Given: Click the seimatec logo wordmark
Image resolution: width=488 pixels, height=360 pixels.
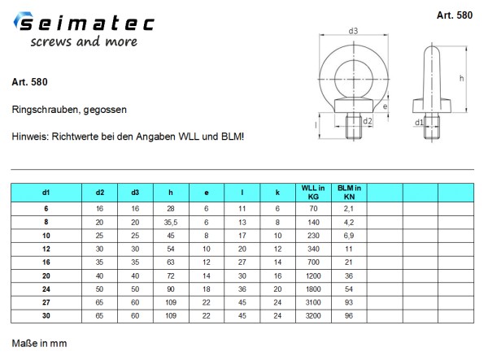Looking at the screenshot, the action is pyautogui.click(x=84, y=22).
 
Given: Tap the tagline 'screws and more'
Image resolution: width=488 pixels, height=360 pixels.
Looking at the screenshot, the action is pyautogui.click(x=84, y=41).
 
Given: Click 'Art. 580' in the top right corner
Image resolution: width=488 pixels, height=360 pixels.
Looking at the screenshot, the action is pyautogui.click(x=455, y=15).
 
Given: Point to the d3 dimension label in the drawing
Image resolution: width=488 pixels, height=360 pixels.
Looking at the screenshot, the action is pyautogui.click(x=353, y=31).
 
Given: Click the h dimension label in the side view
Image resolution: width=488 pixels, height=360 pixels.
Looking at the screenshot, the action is pyautogui.click(x=461, y=78).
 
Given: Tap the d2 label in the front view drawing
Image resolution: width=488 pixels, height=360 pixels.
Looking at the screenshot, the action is pyautogui.click(x=368, y=121).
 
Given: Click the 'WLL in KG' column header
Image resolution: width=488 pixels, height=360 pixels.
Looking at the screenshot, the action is pyautogui.click(x=313, y=193).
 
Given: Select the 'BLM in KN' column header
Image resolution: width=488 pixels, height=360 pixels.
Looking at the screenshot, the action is pyautogui.click(x=349, y=193).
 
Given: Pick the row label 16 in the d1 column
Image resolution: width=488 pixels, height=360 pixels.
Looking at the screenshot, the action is pyautogui.click(x=46, y=262).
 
